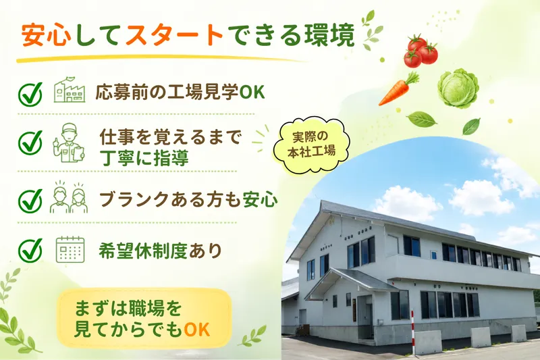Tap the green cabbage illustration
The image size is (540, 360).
pos(458,88)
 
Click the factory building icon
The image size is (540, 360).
pos(70,90)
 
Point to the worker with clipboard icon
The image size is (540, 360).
pos(69,143)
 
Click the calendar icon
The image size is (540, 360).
pos(70,250)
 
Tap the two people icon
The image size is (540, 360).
pos(69,197)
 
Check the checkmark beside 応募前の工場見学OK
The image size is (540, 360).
pos(30,94)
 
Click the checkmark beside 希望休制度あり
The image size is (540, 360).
pos(30,250)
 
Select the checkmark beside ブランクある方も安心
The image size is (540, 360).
pos(30,201)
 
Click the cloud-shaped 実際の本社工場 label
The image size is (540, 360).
pos(312,144)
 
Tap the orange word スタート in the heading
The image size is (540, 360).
pos(175,35)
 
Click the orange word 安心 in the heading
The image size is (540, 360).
pos(47,35)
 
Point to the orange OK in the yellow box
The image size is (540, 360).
pos(197,330)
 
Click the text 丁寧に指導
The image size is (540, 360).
pos(144,158)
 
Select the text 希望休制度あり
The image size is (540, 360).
pos(160,251)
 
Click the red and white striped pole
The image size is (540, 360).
pos(412,332)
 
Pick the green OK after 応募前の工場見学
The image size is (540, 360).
pos(252,92)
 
